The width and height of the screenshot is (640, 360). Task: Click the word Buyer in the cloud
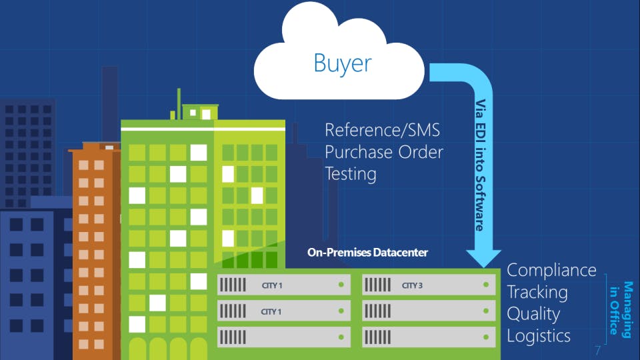click(x=343, y=64)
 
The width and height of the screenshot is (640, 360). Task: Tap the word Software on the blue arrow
click(x=481, y=204)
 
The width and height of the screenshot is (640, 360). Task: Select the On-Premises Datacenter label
click(x=367, y=253)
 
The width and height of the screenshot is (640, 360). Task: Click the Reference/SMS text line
click(x=383, y=131)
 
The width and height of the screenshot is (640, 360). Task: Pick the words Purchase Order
click(x=384, y=152)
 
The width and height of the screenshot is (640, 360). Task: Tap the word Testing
click(x=351, y=174)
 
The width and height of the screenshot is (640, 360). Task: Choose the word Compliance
click(x=551, y=270)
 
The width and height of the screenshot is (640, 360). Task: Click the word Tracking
click(x=537, y=293)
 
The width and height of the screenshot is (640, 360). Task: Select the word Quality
click(x=533, y=314)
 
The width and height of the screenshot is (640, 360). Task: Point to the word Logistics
click(x=539, y=336)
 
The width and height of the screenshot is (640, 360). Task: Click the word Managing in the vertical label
click(x=628, y=310)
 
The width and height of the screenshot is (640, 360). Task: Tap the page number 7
click(x=597, y=350)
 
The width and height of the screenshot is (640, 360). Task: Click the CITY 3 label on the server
click(x=412, y=285)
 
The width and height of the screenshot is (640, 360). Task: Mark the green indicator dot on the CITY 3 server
click(x=486, y=285)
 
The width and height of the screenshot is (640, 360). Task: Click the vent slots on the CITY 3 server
click(x=377, y=285)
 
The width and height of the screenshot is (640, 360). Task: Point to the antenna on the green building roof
click(x=179, y=104)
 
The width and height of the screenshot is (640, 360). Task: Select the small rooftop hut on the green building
click(x=200, y=112)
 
